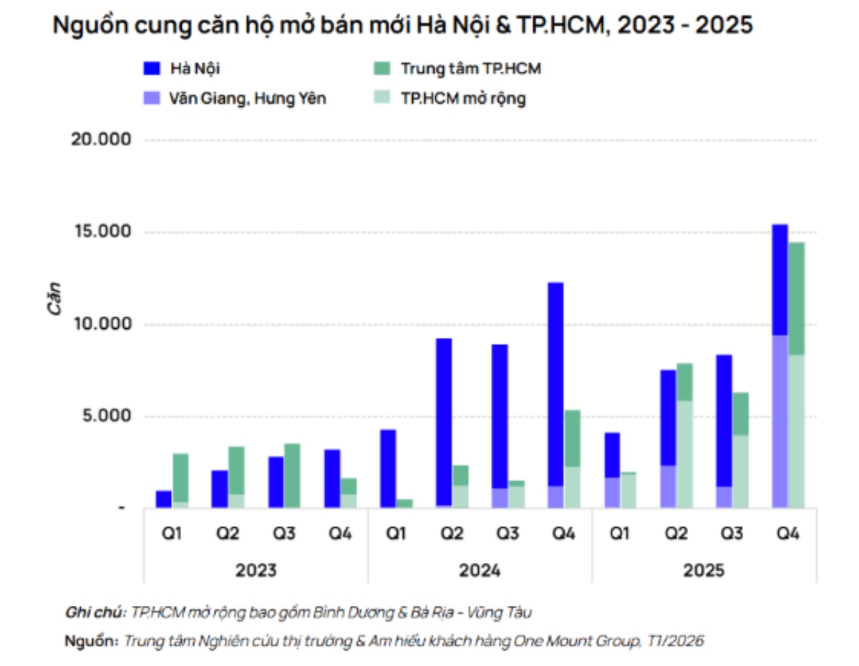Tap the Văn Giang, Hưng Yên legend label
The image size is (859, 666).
(248, 98)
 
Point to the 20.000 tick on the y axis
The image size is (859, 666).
(102, 140)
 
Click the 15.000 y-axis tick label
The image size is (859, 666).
(102, 232)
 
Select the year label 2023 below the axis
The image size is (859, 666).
(256, 571)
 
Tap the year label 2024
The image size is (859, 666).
(479, 571)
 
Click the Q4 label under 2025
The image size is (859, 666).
(787, 534)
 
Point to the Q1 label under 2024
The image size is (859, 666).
(395, 534)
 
